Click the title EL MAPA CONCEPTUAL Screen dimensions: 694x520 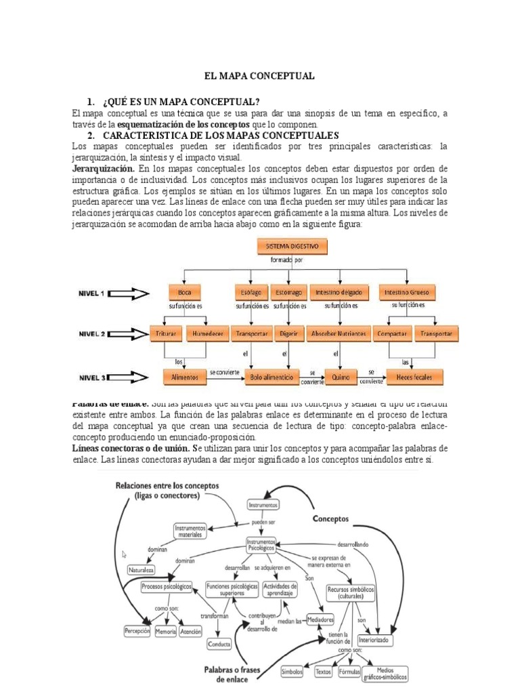(260, 77)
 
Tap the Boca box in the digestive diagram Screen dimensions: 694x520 (185, 293)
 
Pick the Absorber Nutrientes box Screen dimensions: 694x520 (339, 334)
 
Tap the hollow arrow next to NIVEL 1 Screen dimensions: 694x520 (133, 293)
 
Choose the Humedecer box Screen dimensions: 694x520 (207, 334)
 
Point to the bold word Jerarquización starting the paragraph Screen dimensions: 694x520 (103, 167)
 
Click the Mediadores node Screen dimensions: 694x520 (320, 619)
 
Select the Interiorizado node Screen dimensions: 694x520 (375, 639)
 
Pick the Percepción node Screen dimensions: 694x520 (137, 631)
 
